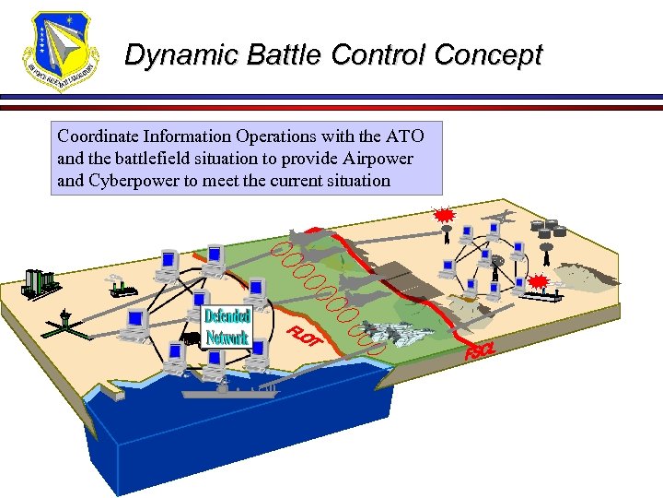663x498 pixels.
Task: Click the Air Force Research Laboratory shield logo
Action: coord(59,51)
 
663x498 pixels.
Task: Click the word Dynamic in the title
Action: coord(171,55)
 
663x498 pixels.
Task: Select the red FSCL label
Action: coord(480,351)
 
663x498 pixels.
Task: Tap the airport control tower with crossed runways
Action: coord(62,320)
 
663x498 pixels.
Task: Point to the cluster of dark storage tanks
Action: coord(547,230)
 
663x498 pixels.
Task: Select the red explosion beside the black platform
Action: coord(539,280)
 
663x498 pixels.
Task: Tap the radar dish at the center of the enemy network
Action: coord(498,262)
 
